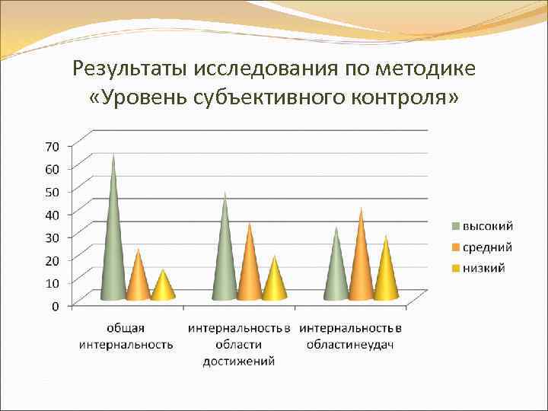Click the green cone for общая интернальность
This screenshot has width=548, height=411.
point(113,244)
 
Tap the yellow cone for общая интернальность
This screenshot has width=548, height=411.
point(162,288)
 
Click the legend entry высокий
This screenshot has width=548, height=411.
point(487,226)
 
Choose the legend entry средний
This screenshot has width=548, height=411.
point(487,247)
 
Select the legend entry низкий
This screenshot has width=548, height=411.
point(483,267)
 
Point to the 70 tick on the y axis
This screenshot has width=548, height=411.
point(53,145)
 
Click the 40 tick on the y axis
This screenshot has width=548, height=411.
point(53,214)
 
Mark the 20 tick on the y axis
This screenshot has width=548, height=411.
point(53,260)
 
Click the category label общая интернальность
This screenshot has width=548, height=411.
point(126,336)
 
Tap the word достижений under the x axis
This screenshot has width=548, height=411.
point(238,361)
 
